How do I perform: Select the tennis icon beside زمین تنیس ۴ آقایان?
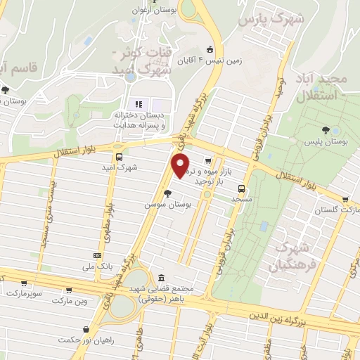coord(210,49)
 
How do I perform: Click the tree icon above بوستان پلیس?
coord(325,130)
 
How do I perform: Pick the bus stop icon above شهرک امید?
coord(118,157)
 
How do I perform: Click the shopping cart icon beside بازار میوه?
coord(206,160)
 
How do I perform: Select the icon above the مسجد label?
coord(241,188)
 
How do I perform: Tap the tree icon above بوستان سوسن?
coord(168,193)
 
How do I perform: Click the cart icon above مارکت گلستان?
coord(345,199)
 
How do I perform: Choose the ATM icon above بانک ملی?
coord(97,255)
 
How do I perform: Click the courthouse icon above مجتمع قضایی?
coord(162,277)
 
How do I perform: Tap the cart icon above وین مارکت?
coord(68,290)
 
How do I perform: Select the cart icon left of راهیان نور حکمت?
coord(86,328)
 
